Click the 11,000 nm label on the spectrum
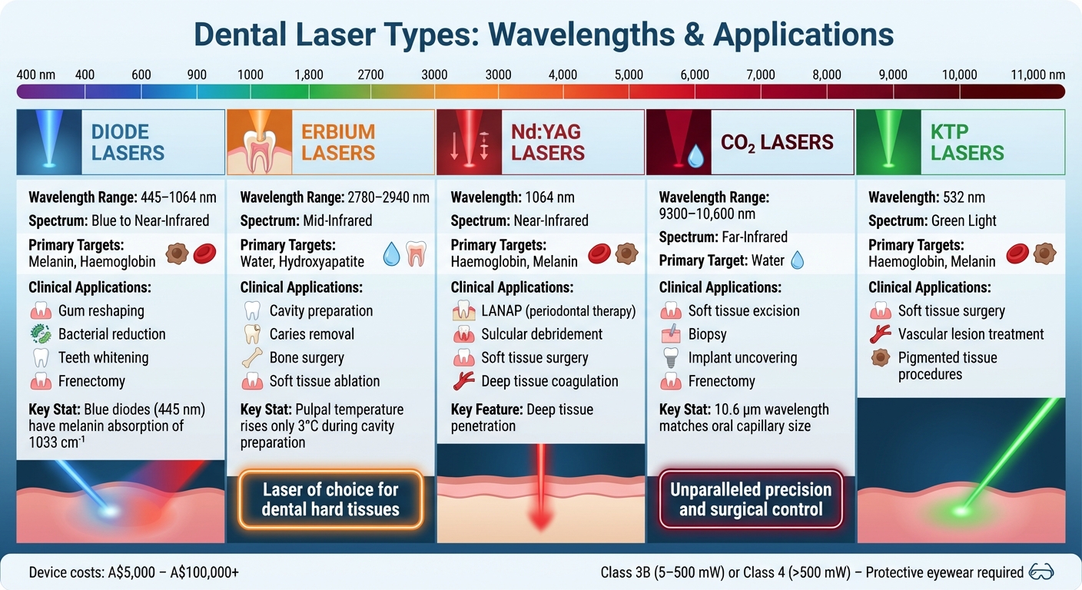1037,75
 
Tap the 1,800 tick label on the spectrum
309,75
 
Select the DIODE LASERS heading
128,142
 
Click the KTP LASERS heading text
967,142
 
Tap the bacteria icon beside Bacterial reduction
41,334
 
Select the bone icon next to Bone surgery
251,358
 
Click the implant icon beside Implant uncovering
670,358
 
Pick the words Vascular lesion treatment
971,334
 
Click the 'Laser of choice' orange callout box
331,499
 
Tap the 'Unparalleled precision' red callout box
751,499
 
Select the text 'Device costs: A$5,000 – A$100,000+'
134,572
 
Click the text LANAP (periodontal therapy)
559,311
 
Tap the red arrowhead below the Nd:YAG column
540,520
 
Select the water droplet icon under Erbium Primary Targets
391,254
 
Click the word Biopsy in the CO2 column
707,334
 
